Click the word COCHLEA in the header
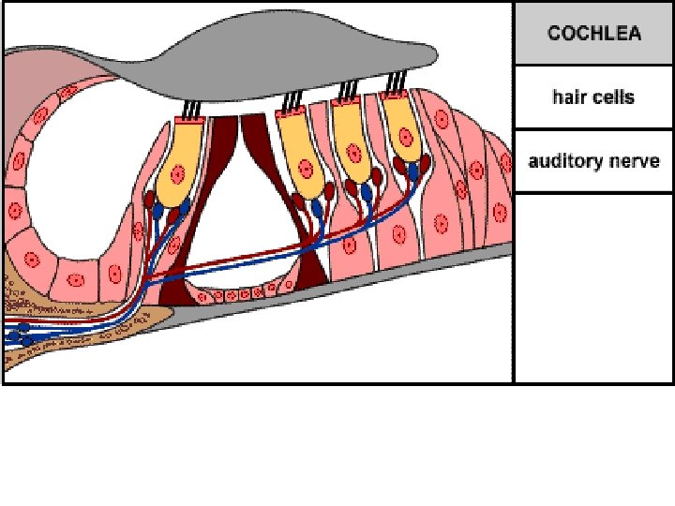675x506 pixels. [x=594, y=34]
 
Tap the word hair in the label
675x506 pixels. [x=567, y=97]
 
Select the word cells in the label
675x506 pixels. [x=613, y=97]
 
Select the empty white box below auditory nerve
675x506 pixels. [x=593, y=286]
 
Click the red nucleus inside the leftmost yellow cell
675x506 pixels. [x=176, y=171]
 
